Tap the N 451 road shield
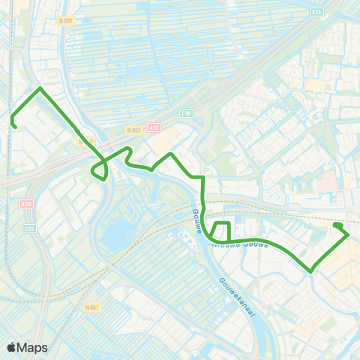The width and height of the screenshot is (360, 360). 134,130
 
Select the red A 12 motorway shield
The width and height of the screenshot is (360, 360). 154,128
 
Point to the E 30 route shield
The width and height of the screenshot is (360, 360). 186,113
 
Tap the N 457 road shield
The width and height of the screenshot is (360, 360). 92,307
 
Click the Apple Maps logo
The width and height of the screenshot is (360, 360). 28,347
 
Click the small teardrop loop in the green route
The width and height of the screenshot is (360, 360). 100,172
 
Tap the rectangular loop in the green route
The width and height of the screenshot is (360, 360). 221,232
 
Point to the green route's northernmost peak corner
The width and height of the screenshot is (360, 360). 40,88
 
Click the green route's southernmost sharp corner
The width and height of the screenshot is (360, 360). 310,271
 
